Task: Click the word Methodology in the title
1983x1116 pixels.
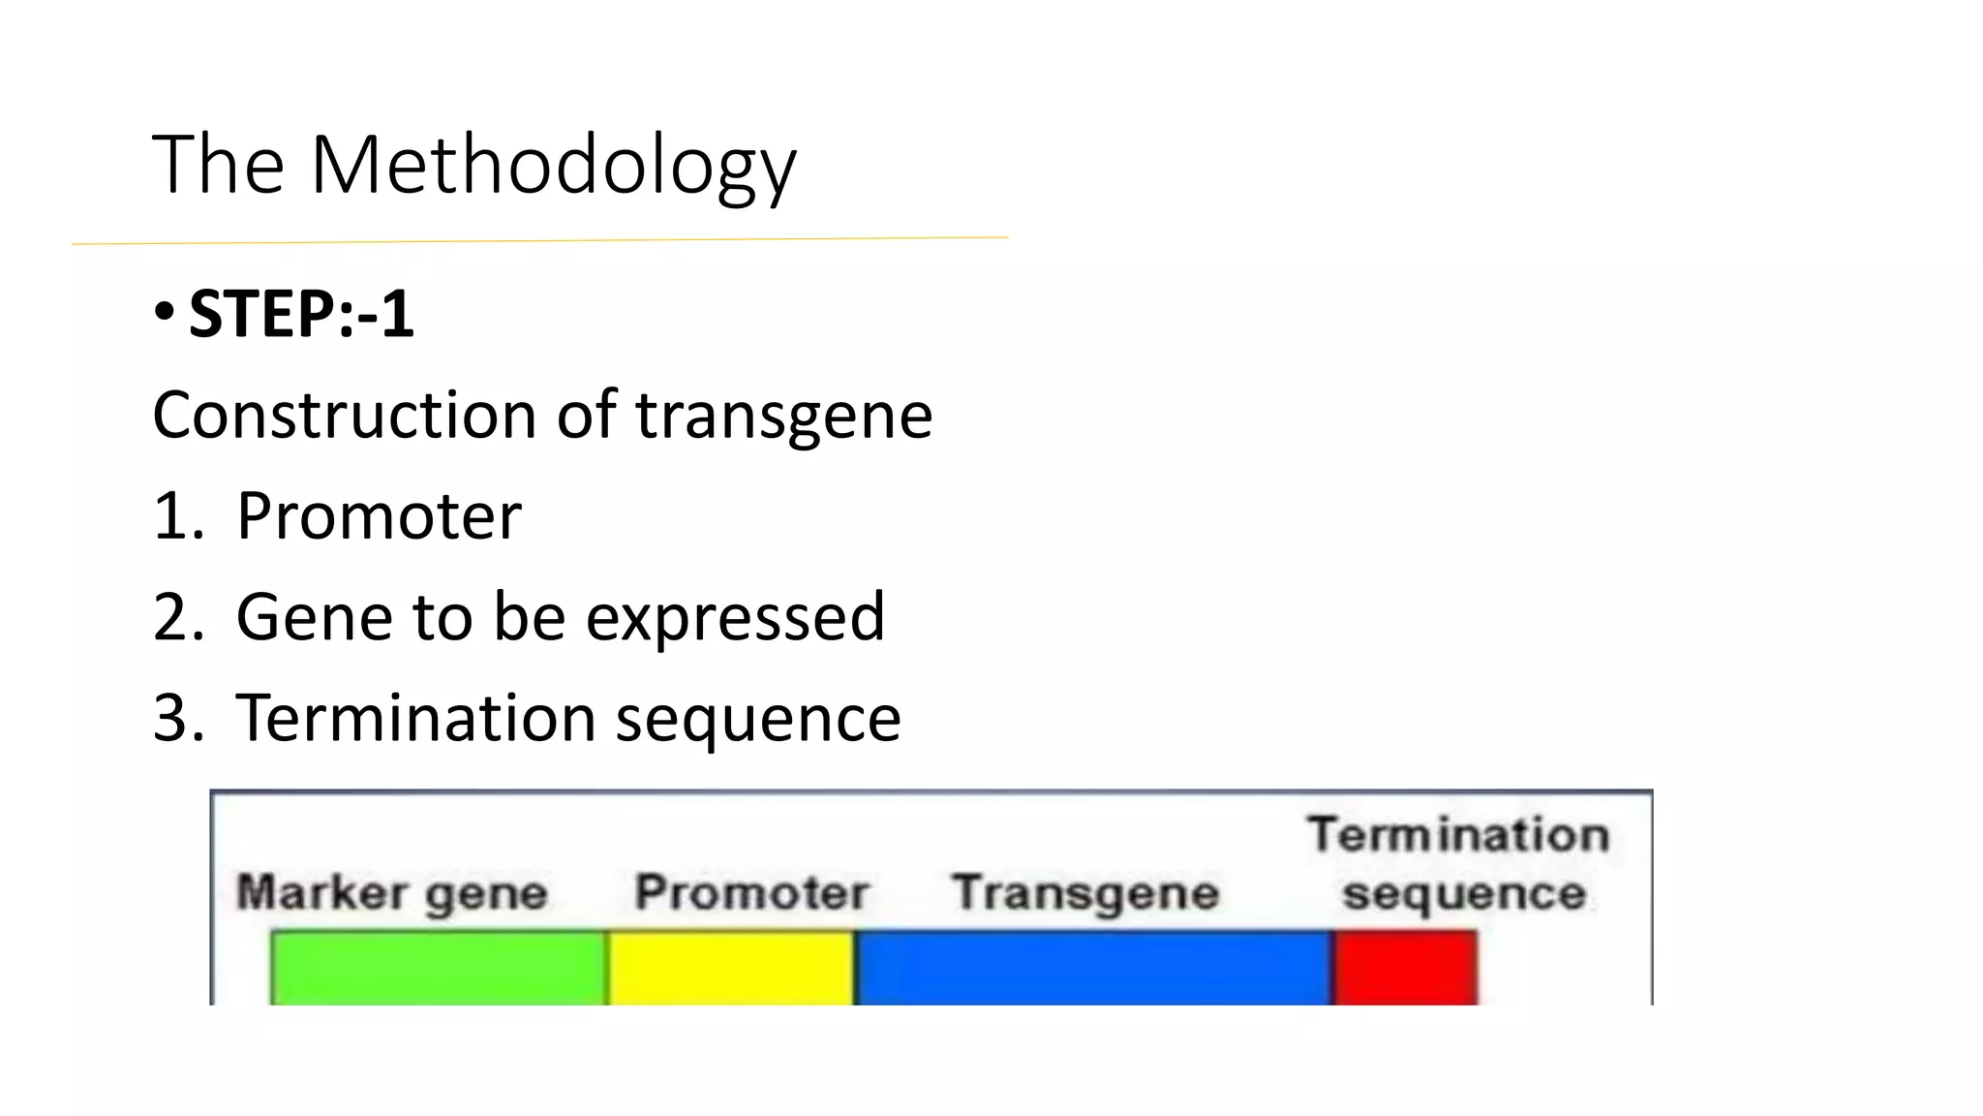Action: (x=553, y=167)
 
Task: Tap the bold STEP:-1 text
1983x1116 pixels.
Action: (x=301, y=315)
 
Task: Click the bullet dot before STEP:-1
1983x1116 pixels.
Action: (x=164, y=312)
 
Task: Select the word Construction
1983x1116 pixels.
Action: (x=344, y=415)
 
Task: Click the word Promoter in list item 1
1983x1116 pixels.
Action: (x=379, y=515)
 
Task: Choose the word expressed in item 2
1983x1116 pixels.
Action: (x=735, y=617)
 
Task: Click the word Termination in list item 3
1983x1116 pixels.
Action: (x=415, y=718)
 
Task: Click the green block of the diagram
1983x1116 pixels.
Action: (x=439, y=967)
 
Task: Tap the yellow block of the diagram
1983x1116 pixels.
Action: (x=731, y=967)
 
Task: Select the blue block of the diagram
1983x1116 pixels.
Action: (x=1093, y=967)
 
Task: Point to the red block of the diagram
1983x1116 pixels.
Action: (x=1405, y=967)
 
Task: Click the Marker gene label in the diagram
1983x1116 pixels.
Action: (x=392, y=892)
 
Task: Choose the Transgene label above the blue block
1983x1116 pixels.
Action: (x=1084, y=892)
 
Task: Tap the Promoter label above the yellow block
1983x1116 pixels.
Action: (x=750, y=891)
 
